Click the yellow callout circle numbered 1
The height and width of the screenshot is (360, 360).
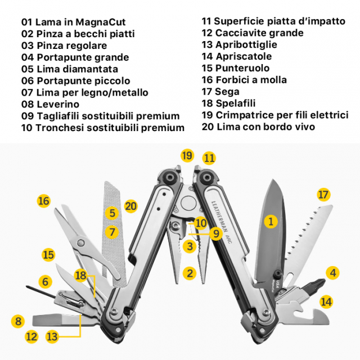pos(271,222)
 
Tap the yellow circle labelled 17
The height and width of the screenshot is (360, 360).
pos(323,195)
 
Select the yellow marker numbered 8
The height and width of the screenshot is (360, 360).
pos(18,321)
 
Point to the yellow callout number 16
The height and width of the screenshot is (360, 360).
pos(44,201)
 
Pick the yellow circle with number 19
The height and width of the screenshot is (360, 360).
pos(187,155)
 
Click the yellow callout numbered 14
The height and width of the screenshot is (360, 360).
pos(326,301)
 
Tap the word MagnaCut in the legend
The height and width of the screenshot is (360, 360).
pos(101,22)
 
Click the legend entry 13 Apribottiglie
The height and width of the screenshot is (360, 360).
pos(240,44)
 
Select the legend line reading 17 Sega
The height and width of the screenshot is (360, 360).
pos(220,92)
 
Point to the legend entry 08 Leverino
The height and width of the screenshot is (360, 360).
pos(50,104)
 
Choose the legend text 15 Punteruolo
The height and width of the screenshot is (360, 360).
pos(236,68)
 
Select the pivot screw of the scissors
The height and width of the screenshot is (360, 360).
pos(81,242)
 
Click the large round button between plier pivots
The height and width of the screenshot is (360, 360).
pos(188,202)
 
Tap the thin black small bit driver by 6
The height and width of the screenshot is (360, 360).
pos(41,291)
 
